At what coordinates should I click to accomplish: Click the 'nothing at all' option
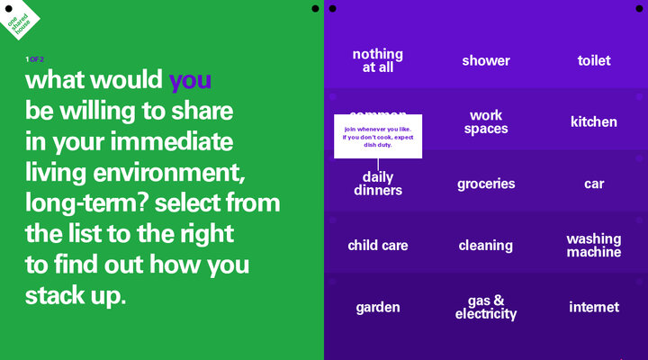pyautogui.click(x=377, y=60)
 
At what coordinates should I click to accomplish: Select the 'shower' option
pyautogui.click(x=486, y=60)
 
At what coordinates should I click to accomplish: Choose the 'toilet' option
pyautogui.click(x=594, y=60)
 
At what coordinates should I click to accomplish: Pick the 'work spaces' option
pyautogui.click(x=486, y=122)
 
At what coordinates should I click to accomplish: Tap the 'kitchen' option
pyautogui.click(x=594, y=121)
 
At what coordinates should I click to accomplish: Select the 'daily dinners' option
pyautogui.click(x=377, y=184)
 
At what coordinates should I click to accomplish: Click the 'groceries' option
pyautogui.click(x=486, y=184)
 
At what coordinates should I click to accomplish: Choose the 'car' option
pyautogui.click(x=594, y=184)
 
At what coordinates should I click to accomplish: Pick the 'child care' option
pyautogui.click(x=377, y=246)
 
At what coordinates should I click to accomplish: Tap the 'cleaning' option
pyautogui.click(x=486, y=246)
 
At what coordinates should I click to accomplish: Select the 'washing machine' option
pyautogui.click(x=594, y=246)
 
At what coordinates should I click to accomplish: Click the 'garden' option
pyautogui.click(x=377, y=308)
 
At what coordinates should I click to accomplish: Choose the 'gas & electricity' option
pyautogui.click(x=486, y=308)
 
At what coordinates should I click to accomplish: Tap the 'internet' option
pyautogui.click(x=594, y=308)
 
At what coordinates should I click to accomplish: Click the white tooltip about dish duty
pyautogui.click(x=378, y=136)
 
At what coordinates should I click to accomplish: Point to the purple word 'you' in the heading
pyautogui.click(x=190, y=81)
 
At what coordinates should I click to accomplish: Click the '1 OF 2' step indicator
pyautogui.click(x=34, y=59)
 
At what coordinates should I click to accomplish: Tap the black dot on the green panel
pyautogui.click(x=314, y=8)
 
